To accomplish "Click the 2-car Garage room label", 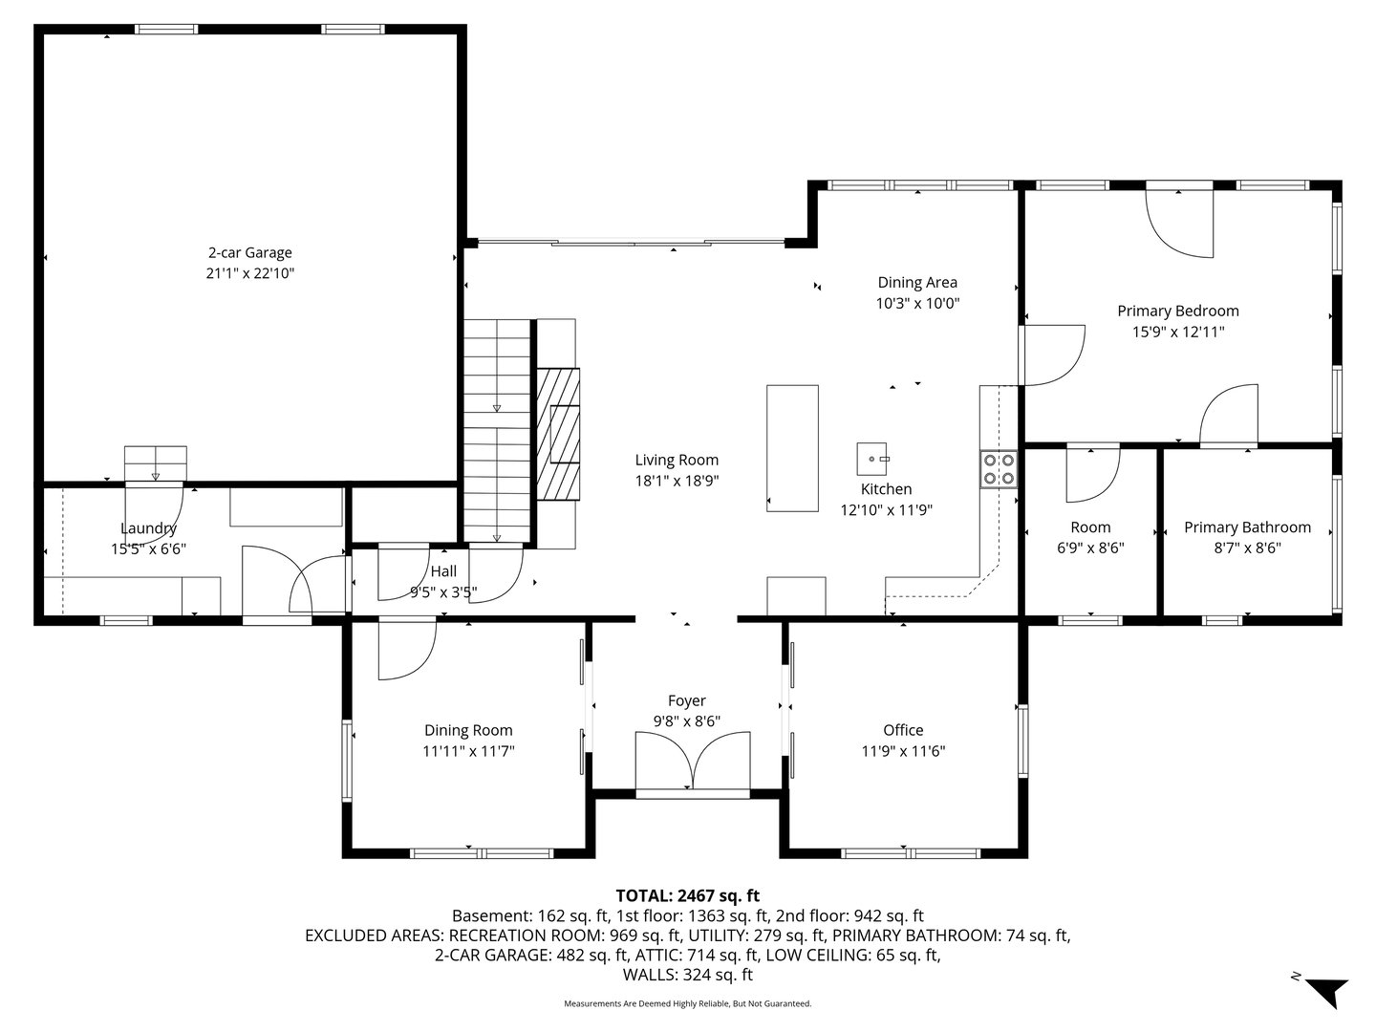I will [249, 253].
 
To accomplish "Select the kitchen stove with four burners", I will [999, 469].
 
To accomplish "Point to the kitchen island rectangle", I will [792, 447].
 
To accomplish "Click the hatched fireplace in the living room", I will [558, 434].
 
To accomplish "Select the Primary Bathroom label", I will [1247, 527].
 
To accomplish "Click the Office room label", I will [903, 730].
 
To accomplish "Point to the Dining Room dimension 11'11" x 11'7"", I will [468, 752].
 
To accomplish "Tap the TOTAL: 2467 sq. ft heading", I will [687, 895].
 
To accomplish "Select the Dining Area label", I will [917, 282].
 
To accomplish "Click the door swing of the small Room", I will [1091, 475].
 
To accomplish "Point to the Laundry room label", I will [148, 528].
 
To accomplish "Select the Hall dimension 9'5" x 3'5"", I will [442, 592].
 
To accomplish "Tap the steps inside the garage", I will [156, 462].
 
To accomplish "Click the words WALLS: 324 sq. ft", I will [687, 976].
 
